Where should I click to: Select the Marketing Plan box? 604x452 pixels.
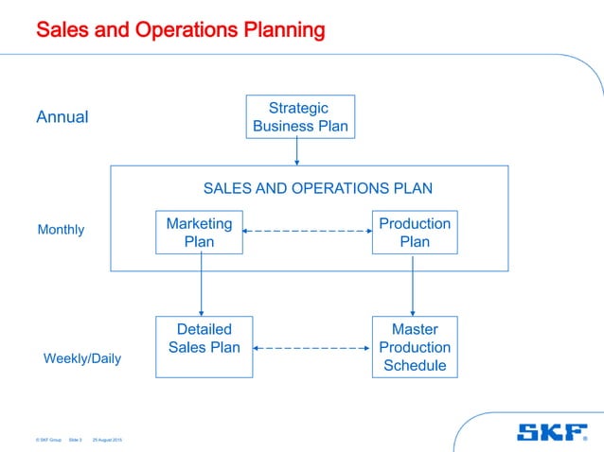pos(199,232)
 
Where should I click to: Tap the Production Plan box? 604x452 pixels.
pos(414,232)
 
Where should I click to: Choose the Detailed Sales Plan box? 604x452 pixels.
pos(204,346)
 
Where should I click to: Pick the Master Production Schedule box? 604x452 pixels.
pos(414,346)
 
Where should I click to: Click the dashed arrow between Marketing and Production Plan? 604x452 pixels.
pos(306,232)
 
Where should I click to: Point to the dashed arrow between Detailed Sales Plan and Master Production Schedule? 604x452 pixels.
pos(311,348)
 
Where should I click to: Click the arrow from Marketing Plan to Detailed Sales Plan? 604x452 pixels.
pos(202,285)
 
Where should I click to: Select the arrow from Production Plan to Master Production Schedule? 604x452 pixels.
pos(413,285)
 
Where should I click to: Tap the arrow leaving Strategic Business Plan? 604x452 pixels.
pos(297,151)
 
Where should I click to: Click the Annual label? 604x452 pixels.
pos(62,117)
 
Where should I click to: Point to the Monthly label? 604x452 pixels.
pos(61,230)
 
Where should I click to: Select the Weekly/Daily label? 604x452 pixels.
pos(82,359)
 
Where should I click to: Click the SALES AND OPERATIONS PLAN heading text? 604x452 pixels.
pos(318,188)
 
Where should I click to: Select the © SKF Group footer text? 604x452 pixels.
pos(48,441)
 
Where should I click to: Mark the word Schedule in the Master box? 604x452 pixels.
pos(414,365)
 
